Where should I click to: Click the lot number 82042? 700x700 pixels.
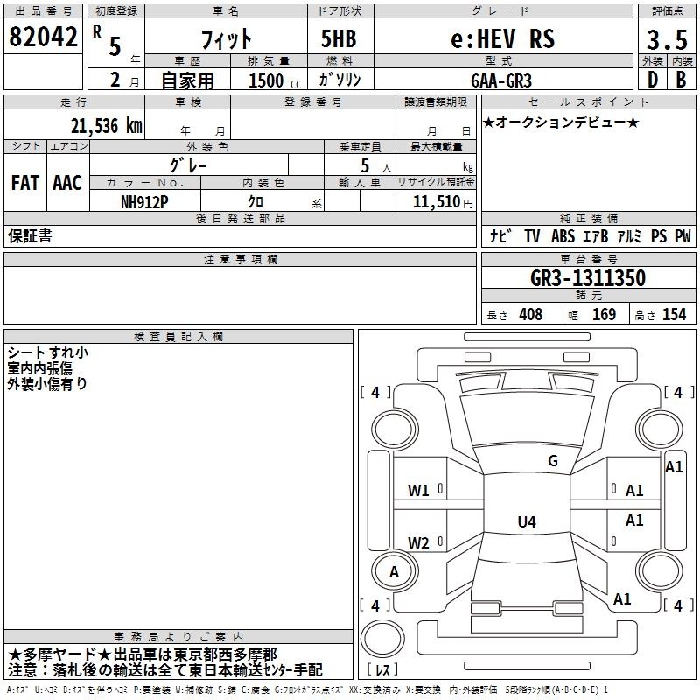click(43, 37)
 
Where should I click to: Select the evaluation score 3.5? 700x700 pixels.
click(667, 39)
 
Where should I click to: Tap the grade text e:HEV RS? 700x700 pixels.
click(503, 38)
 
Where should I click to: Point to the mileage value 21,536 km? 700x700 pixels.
click(107, 126)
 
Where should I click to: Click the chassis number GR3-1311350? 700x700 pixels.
click(588, 278)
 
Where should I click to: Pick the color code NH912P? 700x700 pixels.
click(144, 202)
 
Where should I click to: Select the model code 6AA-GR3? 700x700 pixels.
click(501, 80)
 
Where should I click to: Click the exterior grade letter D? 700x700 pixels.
click(653, 80)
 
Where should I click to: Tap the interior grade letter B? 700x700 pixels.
click(681, 80)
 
